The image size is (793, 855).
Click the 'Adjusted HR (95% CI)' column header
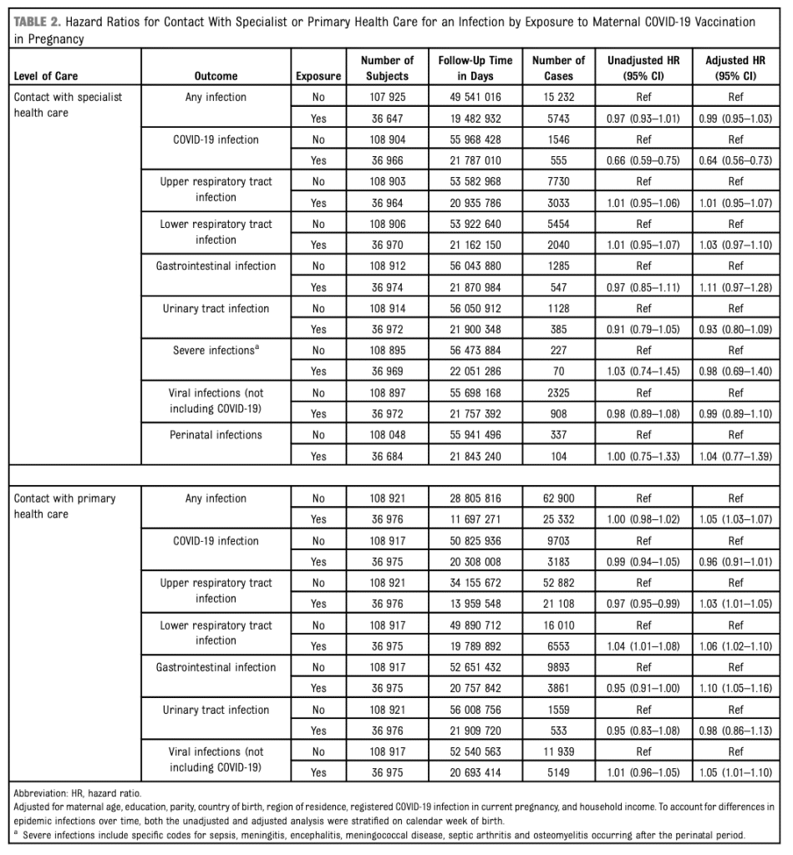[735, 68]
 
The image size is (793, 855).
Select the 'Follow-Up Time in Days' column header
[469, 68]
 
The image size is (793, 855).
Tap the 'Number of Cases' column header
[557, 68]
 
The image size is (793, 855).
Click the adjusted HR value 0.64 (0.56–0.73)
[735, 160]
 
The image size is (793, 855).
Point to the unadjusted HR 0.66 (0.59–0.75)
[643, 160]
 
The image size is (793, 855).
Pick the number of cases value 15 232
[557, 97]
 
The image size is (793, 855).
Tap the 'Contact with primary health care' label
[65, 506]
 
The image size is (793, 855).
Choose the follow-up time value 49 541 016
[469, 97]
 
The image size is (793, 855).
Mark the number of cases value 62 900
[557, 498]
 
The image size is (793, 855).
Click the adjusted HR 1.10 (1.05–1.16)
[735, 688]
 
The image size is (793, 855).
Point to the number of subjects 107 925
[387, 97]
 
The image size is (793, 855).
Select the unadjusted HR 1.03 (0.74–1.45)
[643, 372]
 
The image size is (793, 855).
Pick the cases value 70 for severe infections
[557, 372]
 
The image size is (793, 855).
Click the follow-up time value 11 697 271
[469, 519]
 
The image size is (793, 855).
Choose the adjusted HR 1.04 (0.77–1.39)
[735, 456]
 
